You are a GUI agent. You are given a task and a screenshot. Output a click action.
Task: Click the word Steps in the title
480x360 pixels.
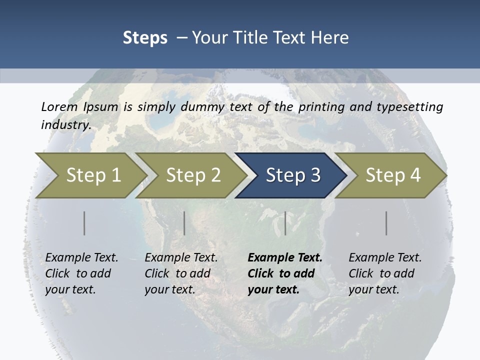(x=145, y=38)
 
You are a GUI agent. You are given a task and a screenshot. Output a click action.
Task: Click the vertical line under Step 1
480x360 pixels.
(x=84, y=223)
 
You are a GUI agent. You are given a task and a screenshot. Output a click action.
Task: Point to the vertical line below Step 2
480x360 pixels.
(x=184, y=223)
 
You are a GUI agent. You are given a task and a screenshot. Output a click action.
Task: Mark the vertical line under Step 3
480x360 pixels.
(x=285, y=223)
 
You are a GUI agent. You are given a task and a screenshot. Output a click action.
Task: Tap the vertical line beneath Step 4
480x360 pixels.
(x=386, y=223)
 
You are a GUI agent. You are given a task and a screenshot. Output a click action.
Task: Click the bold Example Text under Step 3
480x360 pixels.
(x=285, y=273)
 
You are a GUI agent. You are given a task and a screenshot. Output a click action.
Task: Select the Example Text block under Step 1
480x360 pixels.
(x=81, y=273)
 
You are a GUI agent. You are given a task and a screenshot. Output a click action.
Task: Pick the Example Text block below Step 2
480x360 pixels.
(x=181, y=273)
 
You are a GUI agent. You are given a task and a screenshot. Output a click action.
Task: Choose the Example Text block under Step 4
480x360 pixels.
(x=385, y=273)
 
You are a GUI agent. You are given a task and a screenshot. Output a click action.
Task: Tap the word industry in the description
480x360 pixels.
(x=66, y=124)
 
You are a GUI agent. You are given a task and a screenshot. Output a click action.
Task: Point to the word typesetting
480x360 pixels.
(x=413, y=107)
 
